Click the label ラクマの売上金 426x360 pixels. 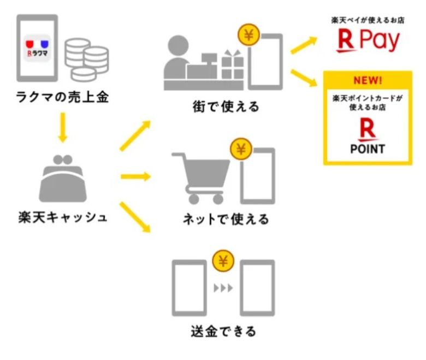(x=62, y=99)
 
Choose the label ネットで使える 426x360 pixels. (x=226, y=220)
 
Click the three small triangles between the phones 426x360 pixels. (x=222, y=287)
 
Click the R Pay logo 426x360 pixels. (x=368, y=42)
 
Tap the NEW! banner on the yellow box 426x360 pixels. (x=367, y=81)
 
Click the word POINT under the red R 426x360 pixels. (x=367, y=149)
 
